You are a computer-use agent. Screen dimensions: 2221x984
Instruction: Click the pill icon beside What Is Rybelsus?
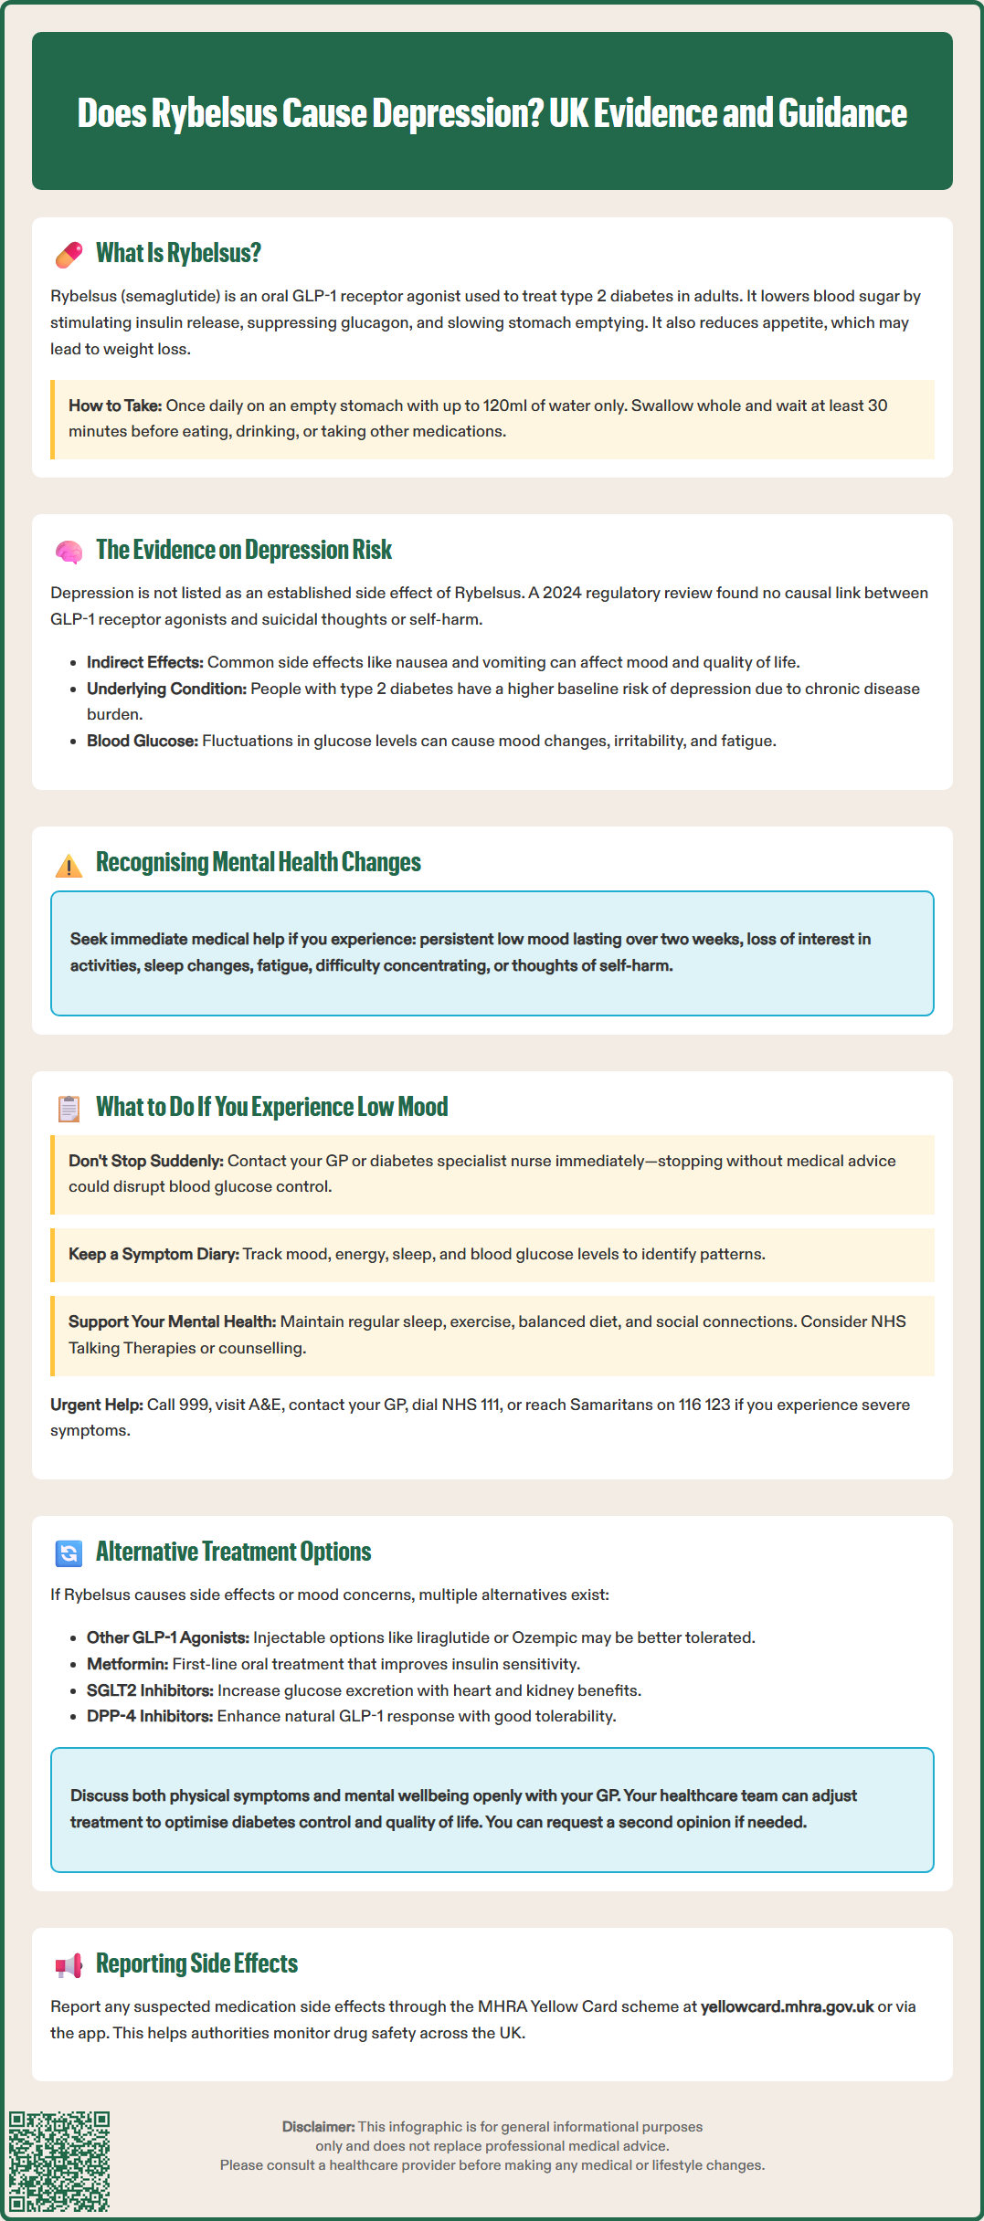[69, 255]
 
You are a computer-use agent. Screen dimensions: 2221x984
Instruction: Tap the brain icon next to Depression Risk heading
[69, 552]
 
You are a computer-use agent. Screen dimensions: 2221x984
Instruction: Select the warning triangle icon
[69, 865]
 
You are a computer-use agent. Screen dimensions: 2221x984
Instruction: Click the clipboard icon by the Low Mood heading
[69, 1109]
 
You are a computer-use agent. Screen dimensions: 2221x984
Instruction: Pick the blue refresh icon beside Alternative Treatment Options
[69, 1553]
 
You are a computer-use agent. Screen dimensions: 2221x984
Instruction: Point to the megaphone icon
[69, 1965]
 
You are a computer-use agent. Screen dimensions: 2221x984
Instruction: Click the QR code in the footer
[59, 2161]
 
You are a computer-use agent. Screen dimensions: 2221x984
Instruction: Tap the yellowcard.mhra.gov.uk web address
[787, 2006]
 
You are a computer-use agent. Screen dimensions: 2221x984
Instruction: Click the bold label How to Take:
[115, 405]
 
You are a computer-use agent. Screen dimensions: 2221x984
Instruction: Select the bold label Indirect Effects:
[144, 662]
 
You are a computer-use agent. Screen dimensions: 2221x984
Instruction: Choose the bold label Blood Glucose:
[142, 741]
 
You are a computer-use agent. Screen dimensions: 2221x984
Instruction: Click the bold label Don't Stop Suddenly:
[145, 1161]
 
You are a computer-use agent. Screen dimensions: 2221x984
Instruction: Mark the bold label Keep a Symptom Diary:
[153, 1254]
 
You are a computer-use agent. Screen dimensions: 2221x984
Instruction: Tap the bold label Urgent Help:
[96, 1405]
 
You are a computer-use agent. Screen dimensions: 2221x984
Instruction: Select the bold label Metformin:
[127, 1664]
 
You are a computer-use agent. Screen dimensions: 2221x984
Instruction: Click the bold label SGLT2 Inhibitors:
[150, 1690]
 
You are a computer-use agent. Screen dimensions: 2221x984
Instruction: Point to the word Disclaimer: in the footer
[318, 2127]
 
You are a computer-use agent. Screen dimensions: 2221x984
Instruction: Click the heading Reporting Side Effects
[196, 1963]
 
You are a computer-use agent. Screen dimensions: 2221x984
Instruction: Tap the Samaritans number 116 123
[704, 1405]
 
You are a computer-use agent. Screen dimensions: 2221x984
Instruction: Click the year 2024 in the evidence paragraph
[562, 593]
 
